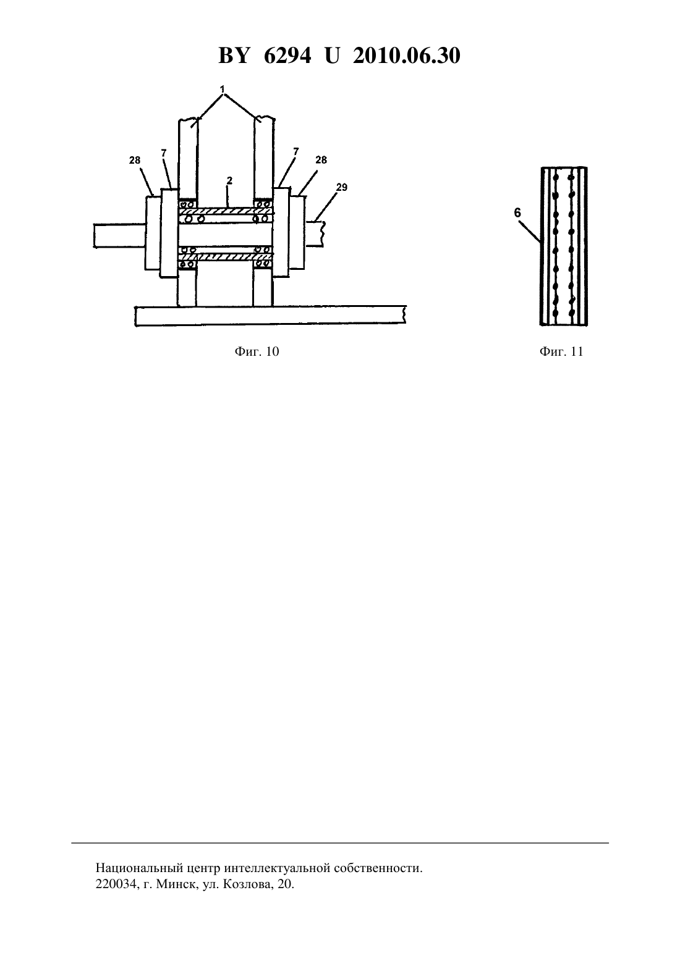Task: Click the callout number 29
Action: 342,188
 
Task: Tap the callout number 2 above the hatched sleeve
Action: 230,180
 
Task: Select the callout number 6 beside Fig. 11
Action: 517,212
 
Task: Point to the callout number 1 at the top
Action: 223,90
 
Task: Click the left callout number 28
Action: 135,161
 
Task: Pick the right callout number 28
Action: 321,160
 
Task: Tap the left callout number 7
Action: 164,153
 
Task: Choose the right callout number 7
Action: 295,152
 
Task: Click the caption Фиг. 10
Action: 257,352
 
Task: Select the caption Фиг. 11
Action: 561,352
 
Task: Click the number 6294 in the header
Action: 287,56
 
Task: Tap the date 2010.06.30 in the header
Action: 407,56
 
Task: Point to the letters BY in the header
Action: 234,56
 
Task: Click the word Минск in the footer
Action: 176,884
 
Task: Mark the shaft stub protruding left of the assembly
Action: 120,235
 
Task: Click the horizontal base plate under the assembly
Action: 271,316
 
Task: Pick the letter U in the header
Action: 332,56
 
